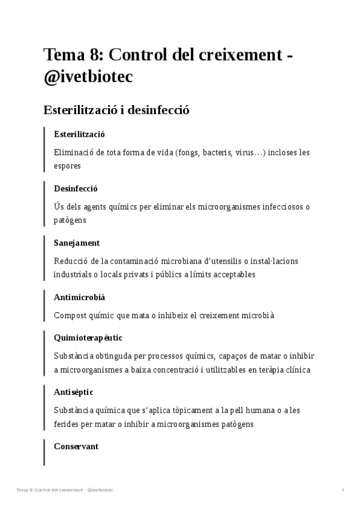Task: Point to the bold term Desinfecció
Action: tap(76, 188)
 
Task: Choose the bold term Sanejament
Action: tap(77, 242)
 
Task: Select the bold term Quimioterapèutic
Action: tap(88, 338)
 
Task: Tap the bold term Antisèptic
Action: tap(74, 392)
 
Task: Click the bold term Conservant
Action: tap(76, 447)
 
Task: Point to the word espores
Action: tap(67, 166)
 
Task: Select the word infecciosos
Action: tap(280, 207)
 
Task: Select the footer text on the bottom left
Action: tap(65, 490)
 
